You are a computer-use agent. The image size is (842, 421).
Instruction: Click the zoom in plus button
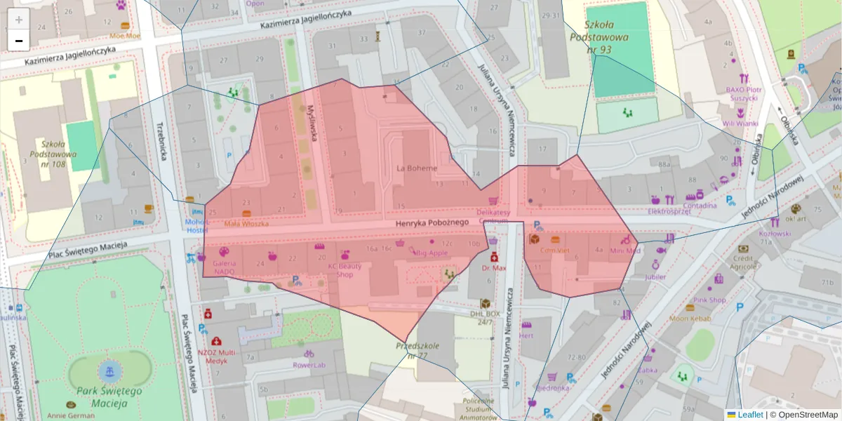(19, 20)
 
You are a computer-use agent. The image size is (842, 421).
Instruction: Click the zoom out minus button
(19, 41)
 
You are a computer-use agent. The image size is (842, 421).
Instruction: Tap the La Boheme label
(417, 168)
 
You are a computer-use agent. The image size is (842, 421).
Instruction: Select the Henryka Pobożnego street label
(432, 222)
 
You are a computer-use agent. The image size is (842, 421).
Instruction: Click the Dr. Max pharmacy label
(494, 267)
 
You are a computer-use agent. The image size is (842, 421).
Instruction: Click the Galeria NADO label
(225, 267)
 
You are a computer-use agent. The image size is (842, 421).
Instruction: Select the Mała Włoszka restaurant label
(246, 223)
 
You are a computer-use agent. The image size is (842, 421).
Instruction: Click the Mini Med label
(624, 250)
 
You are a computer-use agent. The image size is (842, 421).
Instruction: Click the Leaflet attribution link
(749, 415)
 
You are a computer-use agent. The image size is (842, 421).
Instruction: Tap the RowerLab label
(309, 365)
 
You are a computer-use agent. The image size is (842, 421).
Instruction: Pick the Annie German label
(70, 415)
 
